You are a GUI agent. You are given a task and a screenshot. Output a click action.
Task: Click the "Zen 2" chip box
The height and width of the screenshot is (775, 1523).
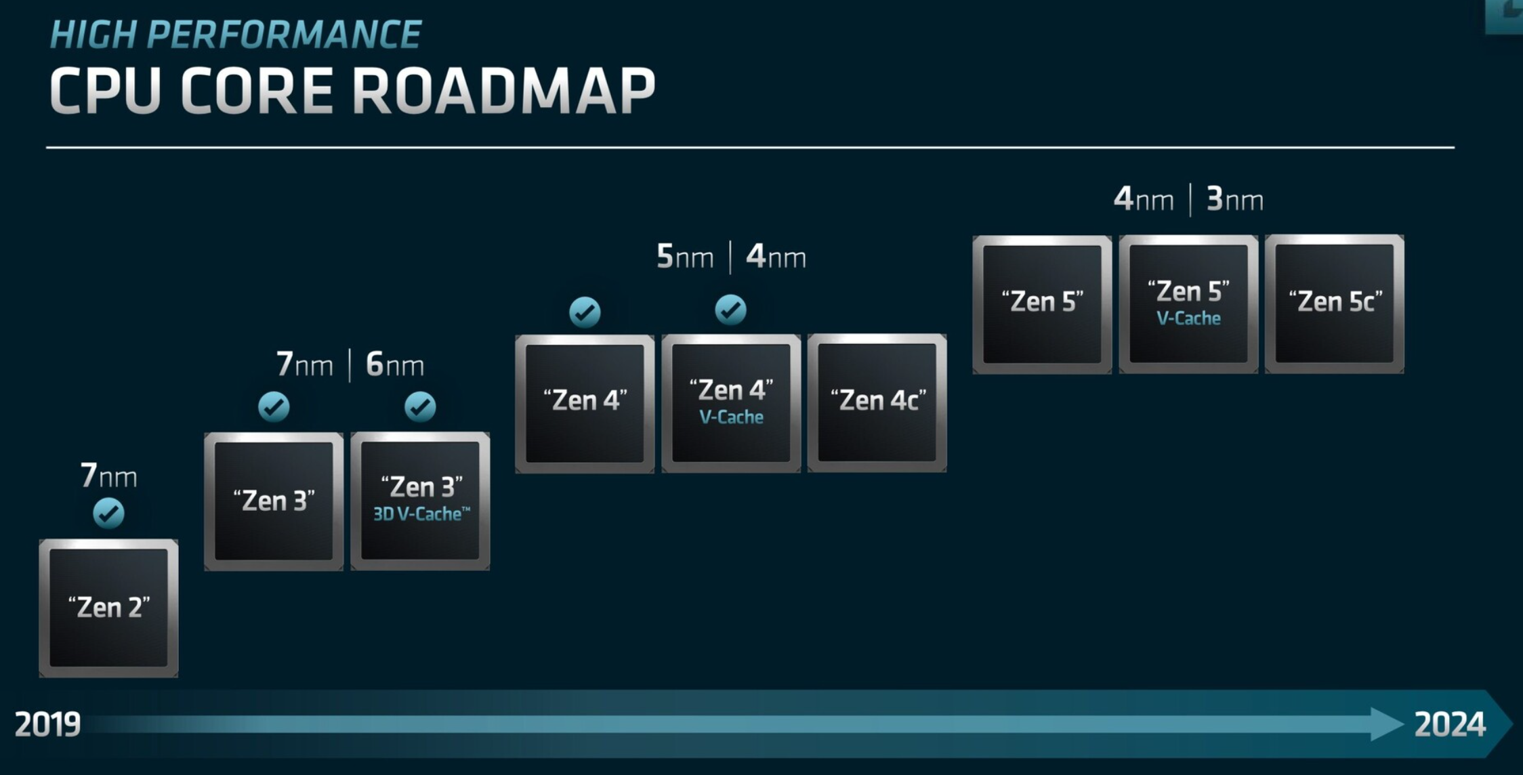pos(108,608)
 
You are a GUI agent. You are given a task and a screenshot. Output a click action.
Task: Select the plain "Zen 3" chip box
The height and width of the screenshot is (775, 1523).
pos(274,501)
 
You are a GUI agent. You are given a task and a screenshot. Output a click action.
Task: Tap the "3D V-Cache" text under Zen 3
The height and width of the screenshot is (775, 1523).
pos(421,514)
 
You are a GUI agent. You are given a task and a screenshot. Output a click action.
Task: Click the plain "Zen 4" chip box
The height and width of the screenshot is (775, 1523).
pos(585,403)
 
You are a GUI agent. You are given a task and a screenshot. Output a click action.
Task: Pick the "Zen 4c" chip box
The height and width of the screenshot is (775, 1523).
pos(877,402)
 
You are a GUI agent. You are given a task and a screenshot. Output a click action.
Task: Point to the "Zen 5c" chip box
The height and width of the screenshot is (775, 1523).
pos(1334,303)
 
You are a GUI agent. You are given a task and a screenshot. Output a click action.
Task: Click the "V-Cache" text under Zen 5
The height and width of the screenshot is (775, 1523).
pos(1188,318)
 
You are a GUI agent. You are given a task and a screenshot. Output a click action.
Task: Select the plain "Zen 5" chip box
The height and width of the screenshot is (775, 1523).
pos(1042,304)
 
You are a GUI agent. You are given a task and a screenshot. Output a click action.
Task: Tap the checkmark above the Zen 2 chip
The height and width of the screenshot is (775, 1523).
pos(108,513)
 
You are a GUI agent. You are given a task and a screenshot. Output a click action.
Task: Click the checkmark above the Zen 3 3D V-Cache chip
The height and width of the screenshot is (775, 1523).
pos(420,406)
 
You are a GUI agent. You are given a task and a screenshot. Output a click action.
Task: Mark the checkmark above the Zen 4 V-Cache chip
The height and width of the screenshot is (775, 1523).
pos(730,310)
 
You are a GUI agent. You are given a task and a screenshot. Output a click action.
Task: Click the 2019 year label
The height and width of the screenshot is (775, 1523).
pos(47,724)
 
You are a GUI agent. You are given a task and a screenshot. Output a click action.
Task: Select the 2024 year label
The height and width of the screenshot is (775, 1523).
pos(1450,724)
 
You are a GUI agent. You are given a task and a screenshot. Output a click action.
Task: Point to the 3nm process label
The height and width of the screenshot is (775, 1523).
pos(1234,200)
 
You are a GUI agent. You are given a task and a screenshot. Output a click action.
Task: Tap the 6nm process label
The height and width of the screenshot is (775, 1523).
pos(395,364)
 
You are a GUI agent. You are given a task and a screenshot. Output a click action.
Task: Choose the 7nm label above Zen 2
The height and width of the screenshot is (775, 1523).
pos(108,476)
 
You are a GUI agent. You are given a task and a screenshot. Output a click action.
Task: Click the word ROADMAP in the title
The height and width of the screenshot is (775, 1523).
pos(503,91)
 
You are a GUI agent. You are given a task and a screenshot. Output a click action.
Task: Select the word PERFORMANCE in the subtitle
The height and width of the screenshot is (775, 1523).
pos(284,35)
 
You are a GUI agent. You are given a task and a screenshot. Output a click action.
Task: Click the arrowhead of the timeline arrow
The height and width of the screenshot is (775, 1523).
pos(1385,724)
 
